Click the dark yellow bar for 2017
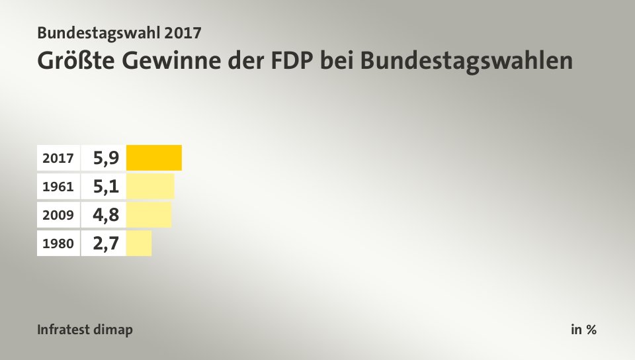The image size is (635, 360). pos(153,157)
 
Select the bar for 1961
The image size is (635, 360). pos(150,186)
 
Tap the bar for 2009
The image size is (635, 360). pos(149,215)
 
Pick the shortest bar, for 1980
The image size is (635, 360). pos(139,244)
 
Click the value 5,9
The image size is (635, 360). pos(106,158)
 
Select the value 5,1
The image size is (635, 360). pos(106,187)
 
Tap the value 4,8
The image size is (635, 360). pos(106,215)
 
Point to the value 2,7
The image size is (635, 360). pos(106,244)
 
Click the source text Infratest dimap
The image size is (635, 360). pos(85,330)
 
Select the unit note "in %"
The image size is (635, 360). pos(583,330)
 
